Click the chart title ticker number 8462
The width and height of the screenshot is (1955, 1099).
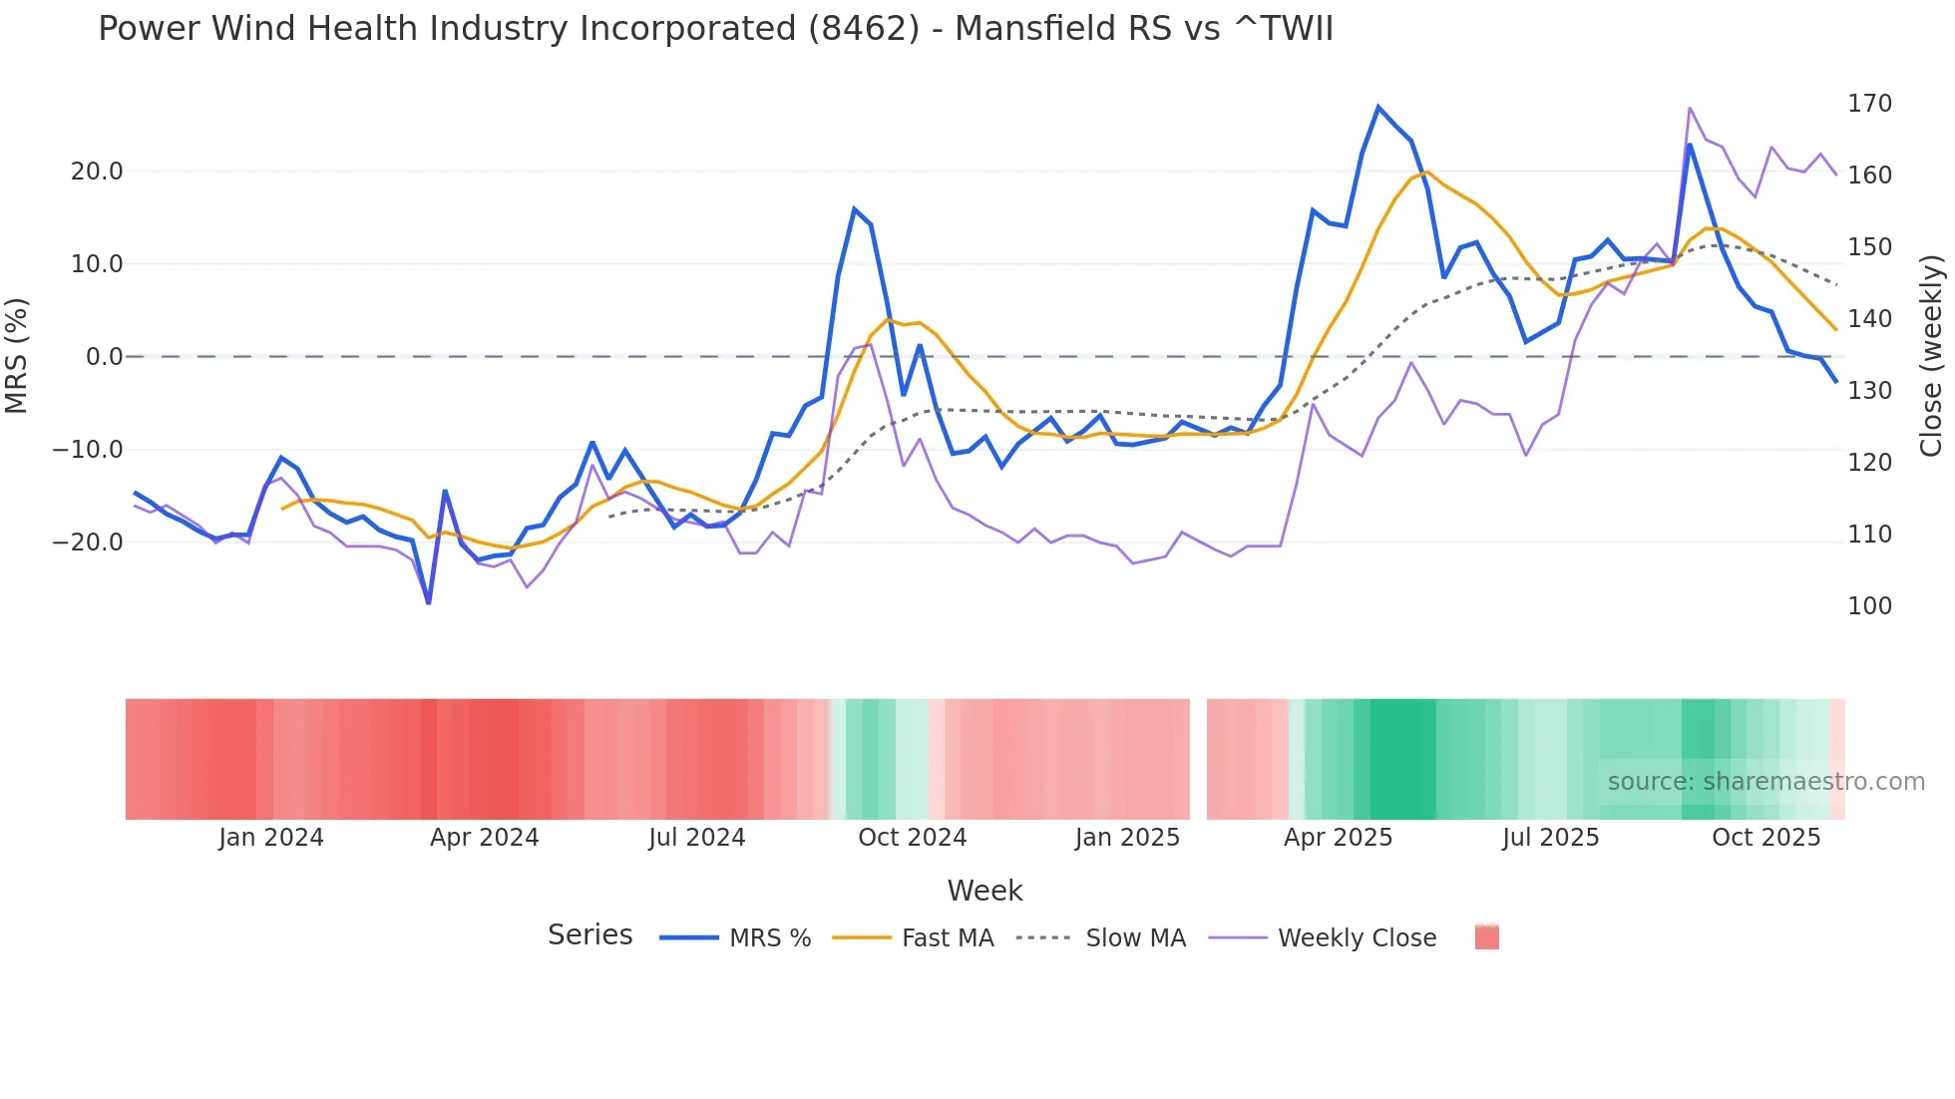863,29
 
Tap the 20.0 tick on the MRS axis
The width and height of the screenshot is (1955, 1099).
97,172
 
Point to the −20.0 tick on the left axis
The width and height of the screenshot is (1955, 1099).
89,543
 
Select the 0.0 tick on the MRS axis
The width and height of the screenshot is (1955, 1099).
104,357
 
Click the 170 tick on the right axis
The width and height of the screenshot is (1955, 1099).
1869,104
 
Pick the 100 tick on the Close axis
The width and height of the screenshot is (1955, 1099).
1869,606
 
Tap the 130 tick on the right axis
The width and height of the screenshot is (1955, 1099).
1869,391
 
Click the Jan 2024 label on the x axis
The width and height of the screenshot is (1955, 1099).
271,838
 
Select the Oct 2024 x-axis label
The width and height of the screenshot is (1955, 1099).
912,838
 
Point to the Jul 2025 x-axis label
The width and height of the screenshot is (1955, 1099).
1550,838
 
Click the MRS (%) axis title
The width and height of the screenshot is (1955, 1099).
16,356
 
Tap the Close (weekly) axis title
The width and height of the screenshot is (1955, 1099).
1932,356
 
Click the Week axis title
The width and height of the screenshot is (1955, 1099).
984,891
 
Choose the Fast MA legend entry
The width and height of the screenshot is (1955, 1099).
947,938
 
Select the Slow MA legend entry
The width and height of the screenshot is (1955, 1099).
1135,938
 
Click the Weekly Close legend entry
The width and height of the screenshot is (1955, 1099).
1357,938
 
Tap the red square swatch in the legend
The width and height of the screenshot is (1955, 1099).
1486,937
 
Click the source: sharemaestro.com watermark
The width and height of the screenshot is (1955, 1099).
1765,782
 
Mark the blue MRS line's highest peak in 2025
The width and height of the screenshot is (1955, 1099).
1378,107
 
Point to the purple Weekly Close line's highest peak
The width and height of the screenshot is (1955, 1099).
1690,108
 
